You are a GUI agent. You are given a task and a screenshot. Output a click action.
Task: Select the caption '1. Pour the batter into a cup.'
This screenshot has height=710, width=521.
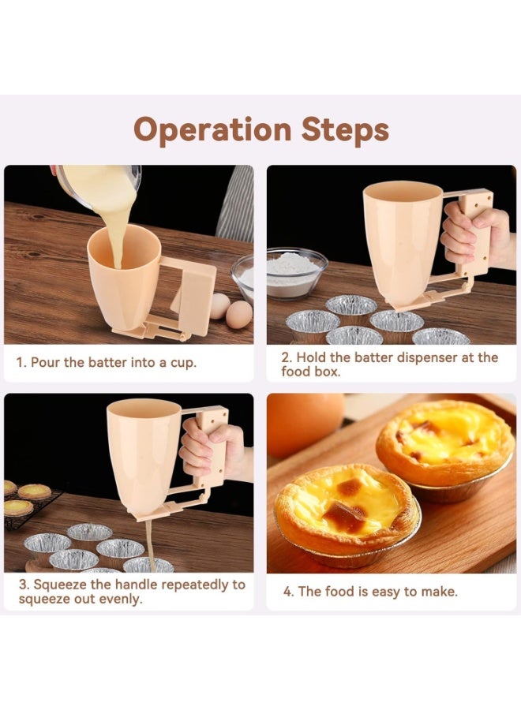pyautogui.click(x=107, y=364)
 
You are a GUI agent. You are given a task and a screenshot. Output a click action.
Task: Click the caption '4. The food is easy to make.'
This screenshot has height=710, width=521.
pyautogui.click(x=369, y=591)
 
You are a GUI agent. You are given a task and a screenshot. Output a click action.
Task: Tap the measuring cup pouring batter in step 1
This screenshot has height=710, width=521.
pyautogui.click(x=99, y=186)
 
